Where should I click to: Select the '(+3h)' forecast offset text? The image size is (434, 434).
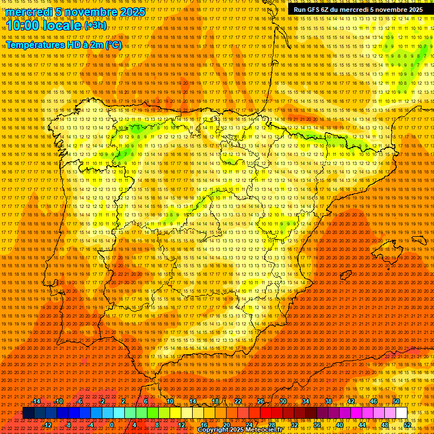pyautogui.click(x=95, y=25)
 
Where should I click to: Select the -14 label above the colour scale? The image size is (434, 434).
pyautogui.click(x=36, y=401)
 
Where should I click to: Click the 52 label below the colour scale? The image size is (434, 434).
pyautogui.click(x=407, y=425)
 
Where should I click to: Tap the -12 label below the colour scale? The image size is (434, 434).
pyautogui.click(x=47, y=425)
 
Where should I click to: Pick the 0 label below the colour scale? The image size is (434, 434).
pyautogui.click(x=112, y=425)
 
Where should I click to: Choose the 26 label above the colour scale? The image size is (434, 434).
pyautogui.click(x=261, y=401)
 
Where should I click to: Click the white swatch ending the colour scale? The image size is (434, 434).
pyautogui.click(x=401, y=413)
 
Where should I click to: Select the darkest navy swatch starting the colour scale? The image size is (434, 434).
pyautogui.click(x=28, y=413)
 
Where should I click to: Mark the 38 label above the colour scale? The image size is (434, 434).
pyautogui.click(x=328, y=401)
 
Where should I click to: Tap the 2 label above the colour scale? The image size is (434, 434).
pyautogui.click(x=123, y=401)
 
